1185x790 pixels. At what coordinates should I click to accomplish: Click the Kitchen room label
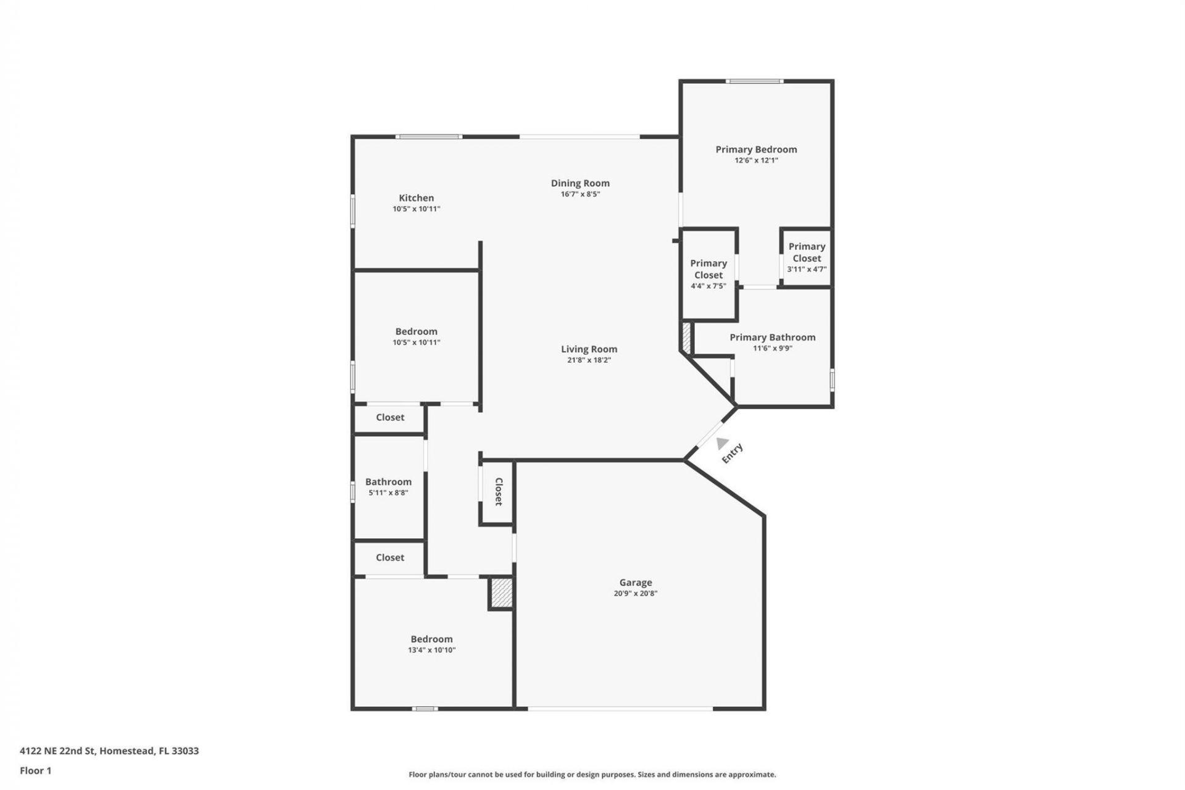click(416, 198)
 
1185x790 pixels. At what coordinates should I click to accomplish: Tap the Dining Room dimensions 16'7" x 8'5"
click(580, 194)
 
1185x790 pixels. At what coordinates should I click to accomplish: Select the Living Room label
click(589, 349)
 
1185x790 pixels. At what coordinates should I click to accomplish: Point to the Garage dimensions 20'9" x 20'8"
click(635, 594)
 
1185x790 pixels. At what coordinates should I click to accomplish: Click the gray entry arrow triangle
click(722, 443)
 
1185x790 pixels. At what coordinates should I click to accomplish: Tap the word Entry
click(733, 454)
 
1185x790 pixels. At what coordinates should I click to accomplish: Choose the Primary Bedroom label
click(756, 149)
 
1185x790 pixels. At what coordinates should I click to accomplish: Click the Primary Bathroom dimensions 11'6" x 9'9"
click(772, 348)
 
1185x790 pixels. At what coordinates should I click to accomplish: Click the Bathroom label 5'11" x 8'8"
click(388, 482)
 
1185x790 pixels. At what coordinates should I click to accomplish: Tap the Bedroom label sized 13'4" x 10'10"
click(431, 639)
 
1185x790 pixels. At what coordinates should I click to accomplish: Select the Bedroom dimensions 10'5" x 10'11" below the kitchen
click(416, 343)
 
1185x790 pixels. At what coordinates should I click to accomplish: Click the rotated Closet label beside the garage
click(499, 492)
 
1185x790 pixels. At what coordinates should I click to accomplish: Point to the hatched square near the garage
click(502, 592)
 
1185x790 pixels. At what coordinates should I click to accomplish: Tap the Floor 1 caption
click(35, 770)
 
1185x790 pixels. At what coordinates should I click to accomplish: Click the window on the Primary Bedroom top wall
click(754, 81)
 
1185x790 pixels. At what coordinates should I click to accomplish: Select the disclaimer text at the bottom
click(592, 775)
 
